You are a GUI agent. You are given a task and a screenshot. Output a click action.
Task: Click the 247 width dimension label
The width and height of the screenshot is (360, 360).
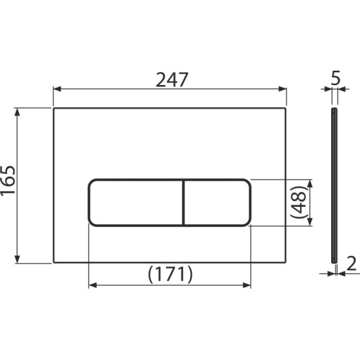(x=171, y=79)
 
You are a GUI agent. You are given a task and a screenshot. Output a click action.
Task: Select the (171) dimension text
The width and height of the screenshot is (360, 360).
(x=169, y=273)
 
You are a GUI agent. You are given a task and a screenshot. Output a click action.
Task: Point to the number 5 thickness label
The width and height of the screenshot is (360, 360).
(x=336, y=79)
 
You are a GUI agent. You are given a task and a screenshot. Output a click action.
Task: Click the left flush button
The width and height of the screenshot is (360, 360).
(x=135, y=202)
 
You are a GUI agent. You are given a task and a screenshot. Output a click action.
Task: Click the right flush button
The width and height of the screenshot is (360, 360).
(x=217, y=202)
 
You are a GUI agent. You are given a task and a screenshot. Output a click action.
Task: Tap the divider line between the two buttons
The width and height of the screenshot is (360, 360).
(x=183, y=202)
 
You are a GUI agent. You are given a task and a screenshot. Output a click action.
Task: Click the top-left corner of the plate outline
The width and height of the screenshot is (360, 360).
(x=53, y=108)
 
